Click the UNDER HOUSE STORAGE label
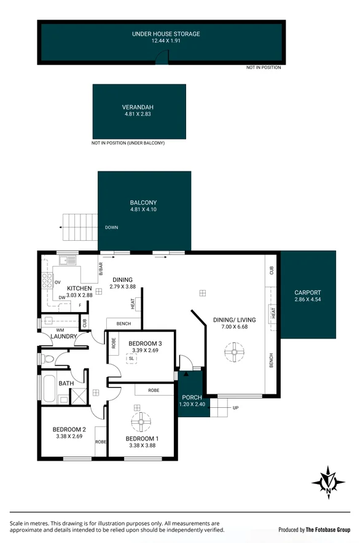[x=166, y=34]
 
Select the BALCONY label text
[x=143, y=202]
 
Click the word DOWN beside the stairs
[x=111, y=227]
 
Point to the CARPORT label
[x=307, y=292]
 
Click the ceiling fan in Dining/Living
[x=234, y=354]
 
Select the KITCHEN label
[x=79, y=288]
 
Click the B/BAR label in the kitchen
[x=100, y=268]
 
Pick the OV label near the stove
[x=57, y=283]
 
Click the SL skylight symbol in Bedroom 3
[x=131, y=359]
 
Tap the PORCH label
[x=192, y=397]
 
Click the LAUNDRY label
[x=64, y=337]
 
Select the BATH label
[x=66, y=383]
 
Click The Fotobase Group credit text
[x=328, y=529]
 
